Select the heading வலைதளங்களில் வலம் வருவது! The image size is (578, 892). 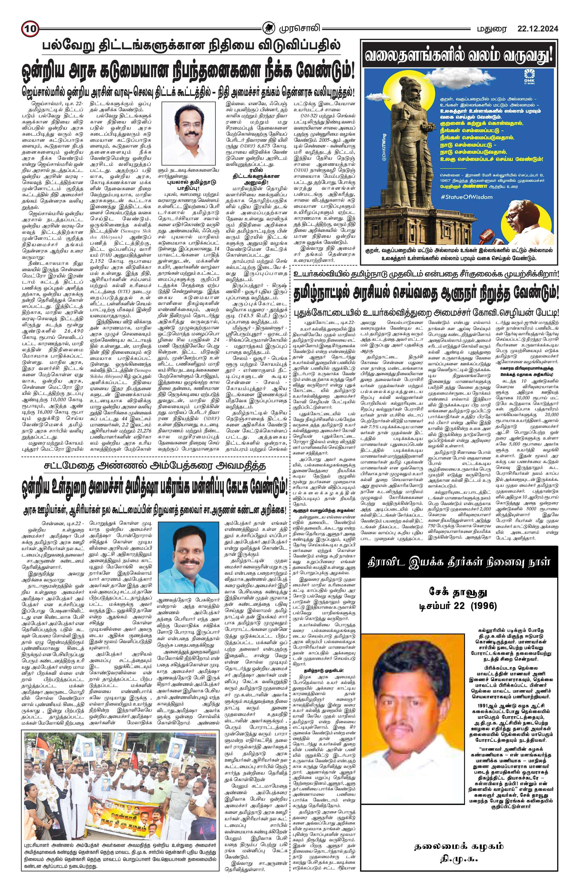tap(460, 57)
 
